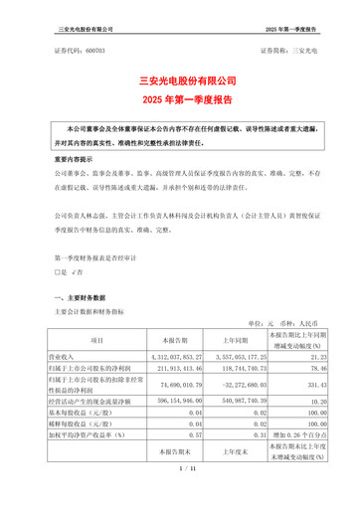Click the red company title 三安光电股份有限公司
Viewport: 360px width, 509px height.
(180, 80)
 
